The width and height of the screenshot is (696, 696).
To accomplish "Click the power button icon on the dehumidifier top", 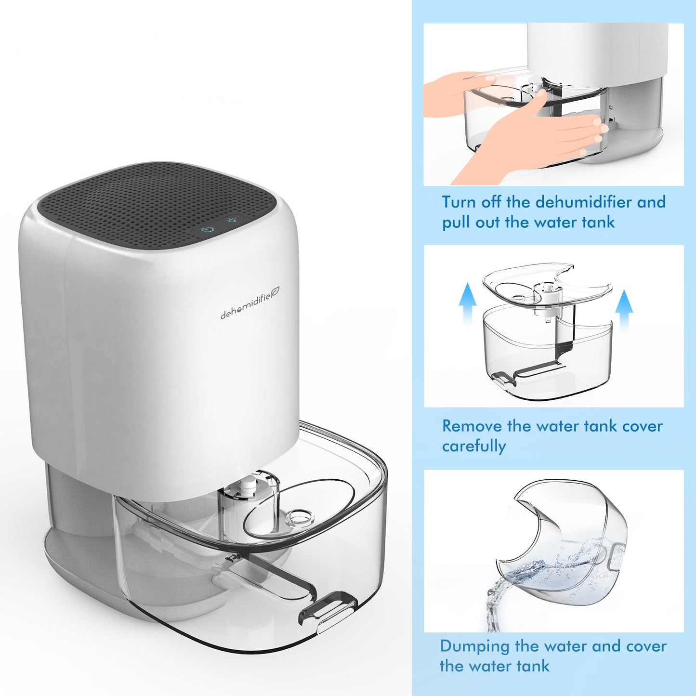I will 208,230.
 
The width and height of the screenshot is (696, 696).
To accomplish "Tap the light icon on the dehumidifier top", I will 232,221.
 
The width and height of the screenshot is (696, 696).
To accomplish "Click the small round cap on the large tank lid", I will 299,518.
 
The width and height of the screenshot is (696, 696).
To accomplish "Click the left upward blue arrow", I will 467,303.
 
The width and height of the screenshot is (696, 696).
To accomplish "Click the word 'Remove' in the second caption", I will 472,426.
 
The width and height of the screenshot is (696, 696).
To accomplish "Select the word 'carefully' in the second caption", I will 473,446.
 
